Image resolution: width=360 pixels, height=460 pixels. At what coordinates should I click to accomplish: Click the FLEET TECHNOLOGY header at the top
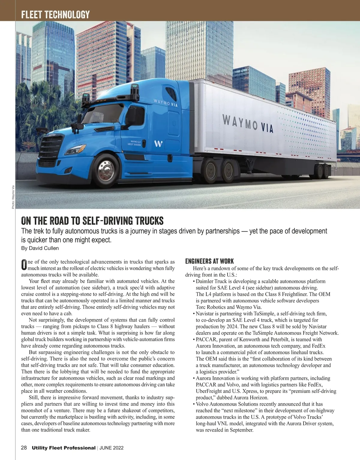(x=55, y=14)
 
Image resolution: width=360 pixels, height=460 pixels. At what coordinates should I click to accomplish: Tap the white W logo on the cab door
(x=158, y=144)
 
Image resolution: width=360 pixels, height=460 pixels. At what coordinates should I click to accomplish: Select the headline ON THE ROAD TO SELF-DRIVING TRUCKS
(x=92, y=221)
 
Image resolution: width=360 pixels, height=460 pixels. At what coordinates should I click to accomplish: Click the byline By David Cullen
(x=40, y=248)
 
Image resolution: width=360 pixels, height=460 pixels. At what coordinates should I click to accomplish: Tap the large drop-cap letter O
(x=24, y=264)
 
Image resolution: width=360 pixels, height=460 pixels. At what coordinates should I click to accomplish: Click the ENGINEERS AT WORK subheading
(x=209, y=261)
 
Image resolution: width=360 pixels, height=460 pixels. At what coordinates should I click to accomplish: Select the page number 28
(x=24, y=448)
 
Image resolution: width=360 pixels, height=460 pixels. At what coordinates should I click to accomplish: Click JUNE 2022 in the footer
(x=111, y=448)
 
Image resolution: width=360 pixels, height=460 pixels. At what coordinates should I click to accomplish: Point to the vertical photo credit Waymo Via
(x=13, y=197)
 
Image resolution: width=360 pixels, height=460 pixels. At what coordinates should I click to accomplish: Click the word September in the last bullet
(x=241, y=430)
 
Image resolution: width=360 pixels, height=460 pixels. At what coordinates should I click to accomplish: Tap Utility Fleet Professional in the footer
(x=64, y=448)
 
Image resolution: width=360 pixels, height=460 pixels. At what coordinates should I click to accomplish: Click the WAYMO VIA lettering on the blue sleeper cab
(x=166, y=103)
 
